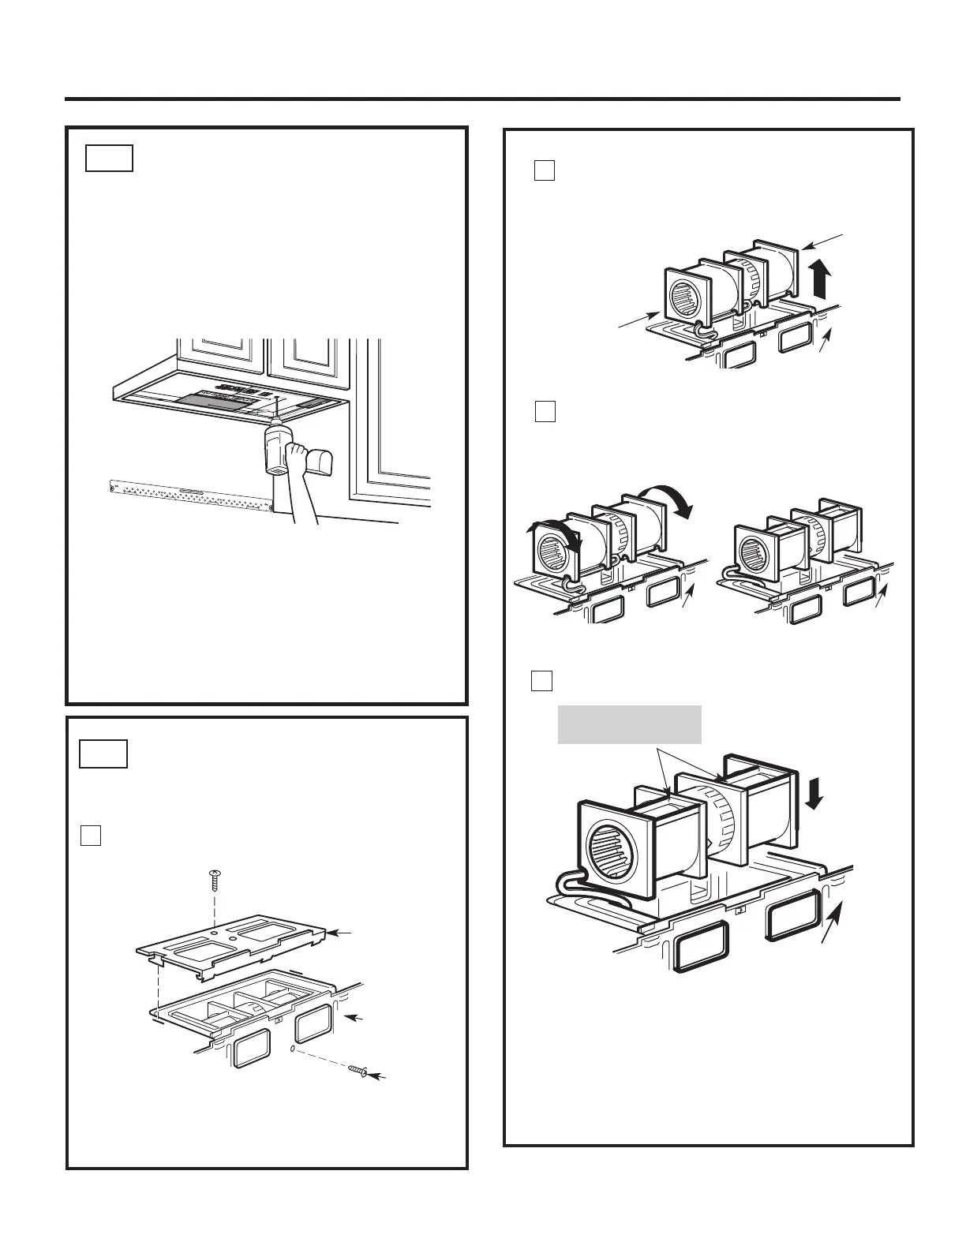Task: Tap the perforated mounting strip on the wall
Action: pyautogui.click(x=189, y=494)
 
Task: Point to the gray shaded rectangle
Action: pyautogui.click(x=629, y=724)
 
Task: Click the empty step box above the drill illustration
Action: pyautogui.click(x=110, y=158)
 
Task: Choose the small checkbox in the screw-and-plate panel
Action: pyautogui.click(x=91, y=835)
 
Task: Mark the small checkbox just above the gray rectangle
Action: pyautogui.click(x=541, y=680)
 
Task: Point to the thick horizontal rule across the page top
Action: pyautogui.click(x=482, y=99)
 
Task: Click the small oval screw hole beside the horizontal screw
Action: pyautogui.click(x=293, y=1050)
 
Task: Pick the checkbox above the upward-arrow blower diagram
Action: pyautogui.click(x=545, y=170)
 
